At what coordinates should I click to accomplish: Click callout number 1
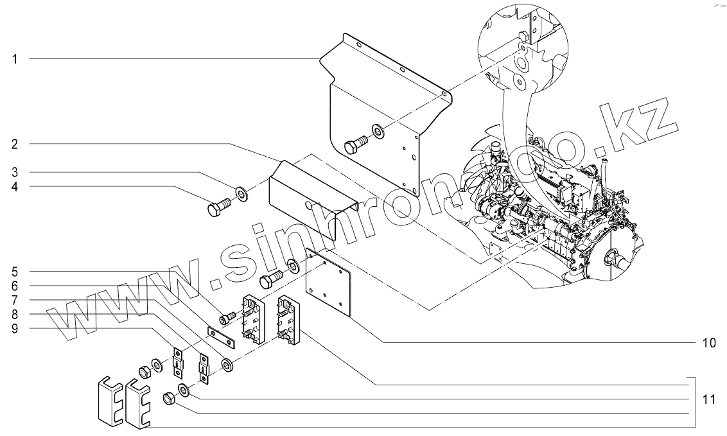[x=14, y=59]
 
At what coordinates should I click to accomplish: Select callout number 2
[x=14, y=143]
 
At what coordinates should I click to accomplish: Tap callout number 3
[x=14, y=173]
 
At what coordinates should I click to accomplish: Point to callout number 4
[x=14, y=187]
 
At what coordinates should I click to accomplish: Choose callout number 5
[x=14, y=271]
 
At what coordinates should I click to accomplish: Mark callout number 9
[x=14, y=328]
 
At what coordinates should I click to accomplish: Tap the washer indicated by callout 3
[x=241, y=192]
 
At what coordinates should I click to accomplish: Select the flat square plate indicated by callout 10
[x=328, y=283]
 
